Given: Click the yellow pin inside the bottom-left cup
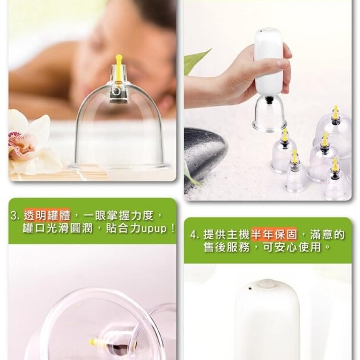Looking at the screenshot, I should (94, 342).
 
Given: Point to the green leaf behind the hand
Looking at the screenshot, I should (194, 62).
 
